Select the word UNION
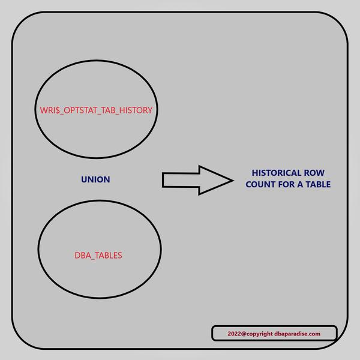click(x=95, y=179)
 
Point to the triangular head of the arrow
click(x=214, y=179)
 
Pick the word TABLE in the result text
click(x=317, y=185)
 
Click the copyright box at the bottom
click(x=274, y=334)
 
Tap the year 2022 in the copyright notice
click(x=235, y=334)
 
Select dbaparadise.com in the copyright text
click(x=298, y=334)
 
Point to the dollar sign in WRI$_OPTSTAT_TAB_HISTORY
click(x=56, y=111)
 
